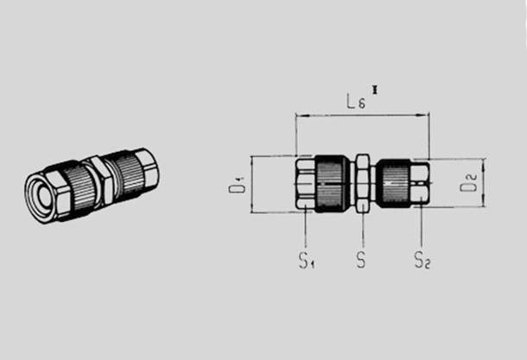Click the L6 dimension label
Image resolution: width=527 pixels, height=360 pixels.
click(356, 101)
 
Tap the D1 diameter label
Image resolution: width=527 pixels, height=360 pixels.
click(238, 185)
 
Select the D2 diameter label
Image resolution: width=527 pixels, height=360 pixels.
click(468, 183)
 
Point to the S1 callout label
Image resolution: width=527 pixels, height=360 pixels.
click(307, 260)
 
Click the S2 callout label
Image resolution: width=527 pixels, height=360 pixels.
click(422, 260)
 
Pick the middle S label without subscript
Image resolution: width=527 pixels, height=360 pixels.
click(361, 260)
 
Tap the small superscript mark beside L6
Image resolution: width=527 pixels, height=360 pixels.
click(375, 90)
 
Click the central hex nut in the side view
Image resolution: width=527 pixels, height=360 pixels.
click(363, 183)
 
